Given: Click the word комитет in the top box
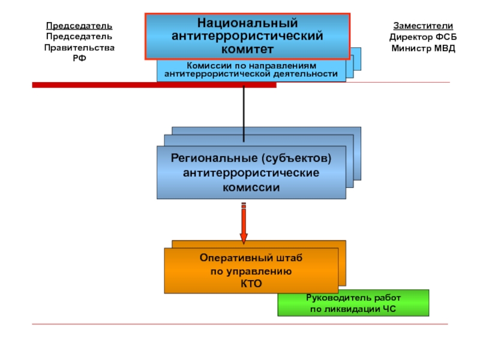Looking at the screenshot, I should [x=247, y=49].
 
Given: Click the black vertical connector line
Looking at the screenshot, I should [x=244, y=114].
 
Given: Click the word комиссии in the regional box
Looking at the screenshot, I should [x=251, y=187].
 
